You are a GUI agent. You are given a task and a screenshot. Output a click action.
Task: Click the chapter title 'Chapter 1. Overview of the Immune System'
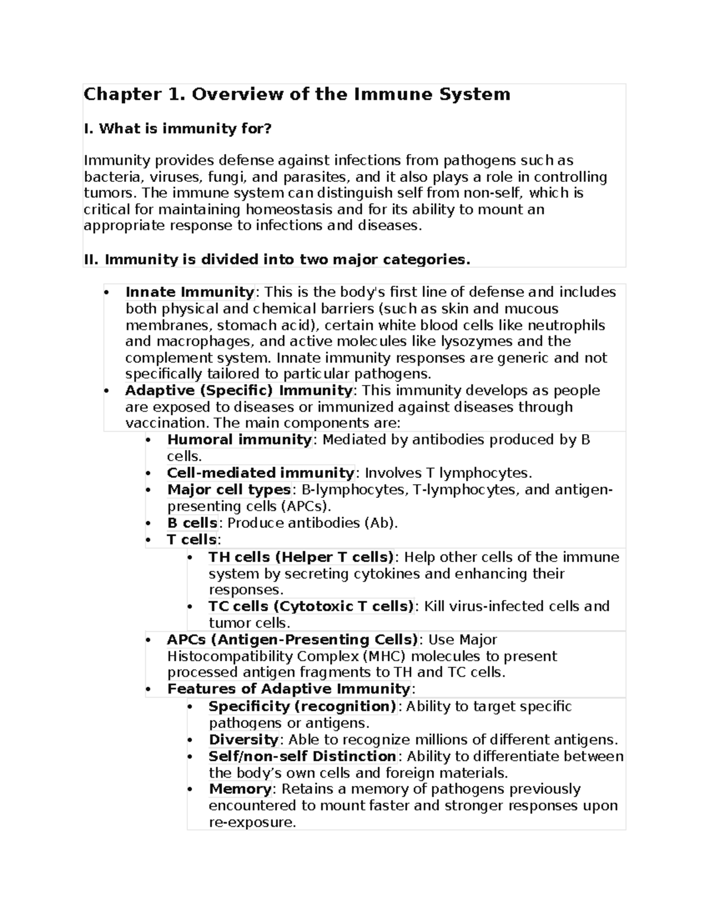tap(297, 94)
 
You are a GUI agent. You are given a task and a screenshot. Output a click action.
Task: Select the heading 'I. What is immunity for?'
tap(177, 129)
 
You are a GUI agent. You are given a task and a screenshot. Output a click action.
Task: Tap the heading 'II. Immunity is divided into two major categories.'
tap(277, 259)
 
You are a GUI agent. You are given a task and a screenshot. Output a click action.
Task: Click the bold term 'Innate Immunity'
tap(190, 292)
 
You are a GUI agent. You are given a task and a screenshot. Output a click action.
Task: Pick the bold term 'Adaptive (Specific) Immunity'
tap(239, 390)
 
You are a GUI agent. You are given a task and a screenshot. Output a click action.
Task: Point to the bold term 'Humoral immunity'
tap(239, 440)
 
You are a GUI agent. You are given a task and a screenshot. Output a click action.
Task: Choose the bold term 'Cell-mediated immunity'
tap(261, 473)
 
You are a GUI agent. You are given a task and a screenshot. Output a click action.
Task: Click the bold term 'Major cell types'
tap(229, 489)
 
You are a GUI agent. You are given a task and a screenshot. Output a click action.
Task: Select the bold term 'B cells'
tap(192, 523)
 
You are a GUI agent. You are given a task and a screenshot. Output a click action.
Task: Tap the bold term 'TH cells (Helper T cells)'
tap(301, 557)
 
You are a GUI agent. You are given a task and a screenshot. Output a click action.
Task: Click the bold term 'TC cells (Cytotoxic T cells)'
tap(311, 606)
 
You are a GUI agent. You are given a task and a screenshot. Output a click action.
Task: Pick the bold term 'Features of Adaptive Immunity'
tap(289, 689)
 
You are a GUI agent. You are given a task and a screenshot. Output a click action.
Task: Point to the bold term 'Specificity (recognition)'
tap(303, 707)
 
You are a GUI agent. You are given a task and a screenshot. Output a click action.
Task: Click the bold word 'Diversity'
tap(243, 740)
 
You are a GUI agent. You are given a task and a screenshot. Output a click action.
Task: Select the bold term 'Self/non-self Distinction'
tap(303, 756)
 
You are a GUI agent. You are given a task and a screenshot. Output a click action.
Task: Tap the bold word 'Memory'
tap(240, 789)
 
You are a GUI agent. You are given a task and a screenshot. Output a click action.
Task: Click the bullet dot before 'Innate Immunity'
tap(106, 293)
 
